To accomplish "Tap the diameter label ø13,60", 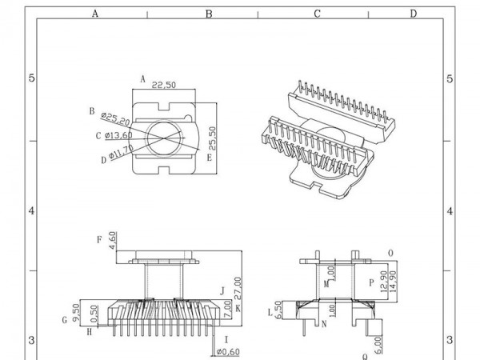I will (x=115, y=135).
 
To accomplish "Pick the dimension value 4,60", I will (x=113, y=241).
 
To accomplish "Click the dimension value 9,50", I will (x=75, y=311).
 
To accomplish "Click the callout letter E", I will (x=209, y=157).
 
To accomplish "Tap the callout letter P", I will (x=370, y=282).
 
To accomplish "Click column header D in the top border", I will (x=413, y=13).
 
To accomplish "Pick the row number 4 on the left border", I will (x=30, y=211).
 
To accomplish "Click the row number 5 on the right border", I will (x=450, y=78).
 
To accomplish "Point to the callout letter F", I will (x=98, y=238).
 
